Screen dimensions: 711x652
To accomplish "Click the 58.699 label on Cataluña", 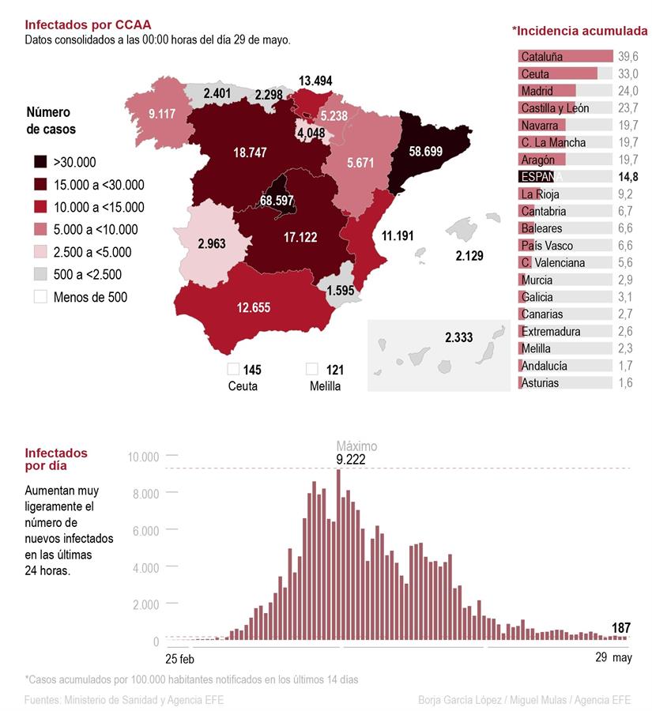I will (431, 150).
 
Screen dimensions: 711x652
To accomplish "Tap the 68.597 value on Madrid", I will (282, 201).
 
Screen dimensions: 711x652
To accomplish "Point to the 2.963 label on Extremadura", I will (213, 243).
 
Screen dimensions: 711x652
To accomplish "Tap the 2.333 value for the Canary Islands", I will (458, 337).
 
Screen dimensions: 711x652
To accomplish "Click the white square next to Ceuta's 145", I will (233, 369).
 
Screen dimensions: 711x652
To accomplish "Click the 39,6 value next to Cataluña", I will (628, 56).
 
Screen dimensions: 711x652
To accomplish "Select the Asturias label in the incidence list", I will (540, 383).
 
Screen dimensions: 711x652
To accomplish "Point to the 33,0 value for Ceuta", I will (628, 73).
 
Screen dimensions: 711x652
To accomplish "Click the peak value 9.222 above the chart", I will (351, 459).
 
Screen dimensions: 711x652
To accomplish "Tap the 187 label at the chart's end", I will (621, 628).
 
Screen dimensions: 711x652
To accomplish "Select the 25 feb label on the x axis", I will (180, 658).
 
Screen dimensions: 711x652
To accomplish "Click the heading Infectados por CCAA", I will (88, 24).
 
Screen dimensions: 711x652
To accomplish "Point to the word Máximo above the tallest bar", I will (357, 446).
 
